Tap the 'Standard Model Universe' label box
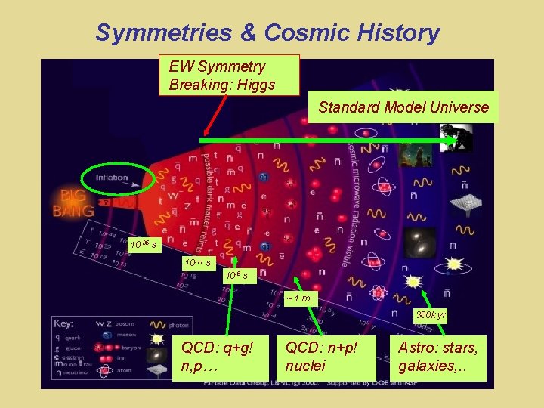[403, 107]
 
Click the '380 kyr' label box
[430, 314]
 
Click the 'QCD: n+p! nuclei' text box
[327, 357]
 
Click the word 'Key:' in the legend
[64, 323]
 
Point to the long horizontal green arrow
[325, 141]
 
